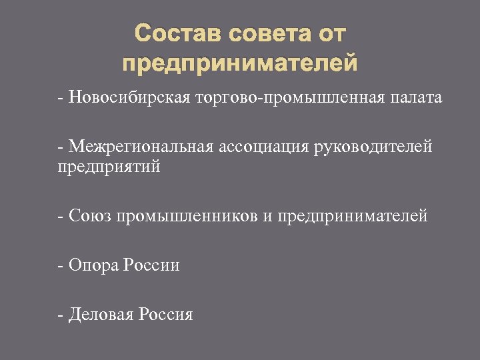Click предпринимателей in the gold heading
coord(240,64)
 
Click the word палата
coord(416,98)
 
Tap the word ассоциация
coord(260,147)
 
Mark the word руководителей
coord(371,147)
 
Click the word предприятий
coord(109,167)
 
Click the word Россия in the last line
coord(165,314)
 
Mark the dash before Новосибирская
coord(61,99)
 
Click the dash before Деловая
coord(61,314)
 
